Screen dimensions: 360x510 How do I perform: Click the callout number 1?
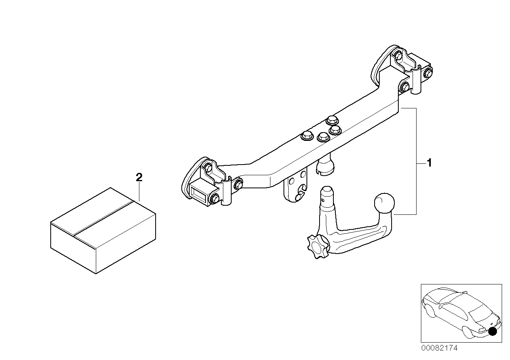(428, 163)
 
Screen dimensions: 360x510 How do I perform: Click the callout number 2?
(139, 178)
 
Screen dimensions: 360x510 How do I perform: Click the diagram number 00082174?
(439, 348)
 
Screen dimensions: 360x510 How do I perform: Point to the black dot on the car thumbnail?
(492, 332)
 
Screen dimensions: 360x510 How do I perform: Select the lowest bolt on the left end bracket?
(214, 199)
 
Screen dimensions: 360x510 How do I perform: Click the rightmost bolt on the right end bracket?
(428, 73)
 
